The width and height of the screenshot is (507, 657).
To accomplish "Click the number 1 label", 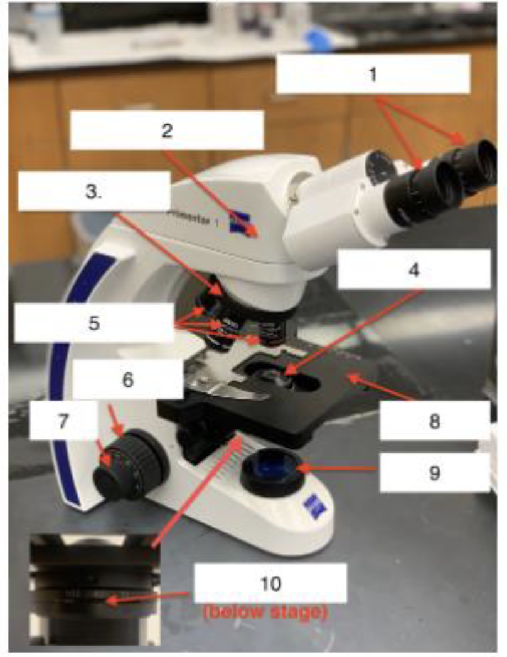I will click(373, 75).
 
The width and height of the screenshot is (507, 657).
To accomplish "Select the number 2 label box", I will click(166, 130).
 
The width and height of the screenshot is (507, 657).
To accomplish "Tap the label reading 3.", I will click(94, 191).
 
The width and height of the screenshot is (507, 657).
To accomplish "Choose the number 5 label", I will click(94, 323).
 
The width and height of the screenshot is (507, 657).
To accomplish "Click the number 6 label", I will click(128, 380).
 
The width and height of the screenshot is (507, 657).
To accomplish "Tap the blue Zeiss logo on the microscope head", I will click(240, 221).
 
